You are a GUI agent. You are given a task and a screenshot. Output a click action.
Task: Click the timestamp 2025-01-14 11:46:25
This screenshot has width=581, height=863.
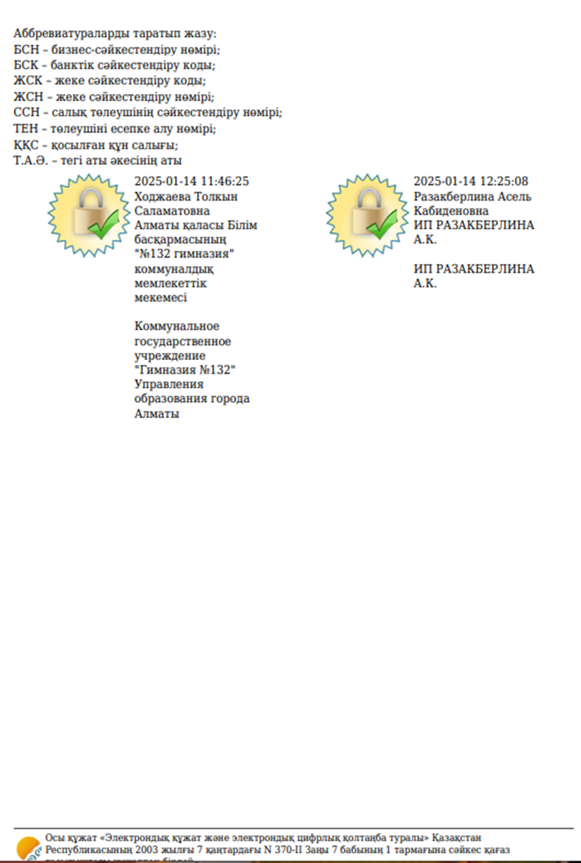tap(192, 182)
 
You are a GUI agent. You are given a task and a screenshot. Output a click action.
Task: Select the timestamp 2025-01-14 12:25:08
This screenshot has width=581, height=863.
tap(471, 182)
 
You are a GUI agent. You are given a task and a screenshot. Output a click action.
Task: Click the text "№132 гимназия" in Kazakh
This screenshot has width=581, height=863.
tap(184, 255)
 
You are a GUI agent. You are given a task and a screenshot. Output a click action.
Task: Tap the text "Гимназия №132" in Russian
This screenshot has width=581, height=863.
tap(185, 370)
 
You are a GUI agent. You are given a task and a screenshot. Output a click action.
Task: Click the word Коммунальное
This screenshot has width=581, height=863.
tap(177, 326)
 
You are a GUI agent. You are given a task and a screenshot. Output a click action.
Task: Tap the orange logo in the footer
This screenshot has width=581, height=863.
tap(28, 848)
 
